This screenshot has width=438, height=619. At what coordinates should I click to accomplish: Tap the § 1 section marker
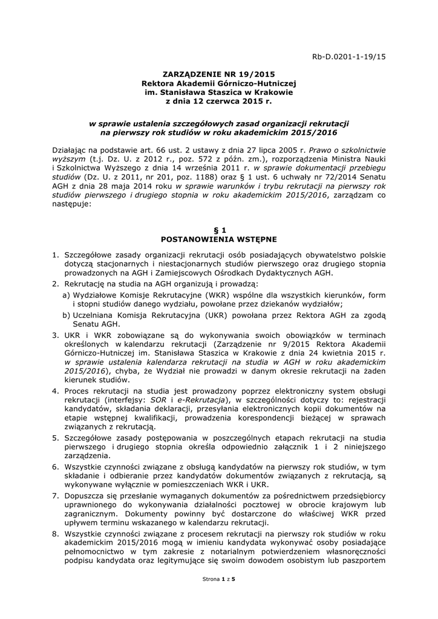coord(218,230)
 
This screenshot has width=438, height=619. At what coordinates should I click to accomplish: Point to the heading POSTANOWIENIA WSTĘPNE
coord(218,239)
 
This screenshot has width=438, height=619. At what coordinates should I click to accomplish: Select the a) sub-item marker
coord(66,294)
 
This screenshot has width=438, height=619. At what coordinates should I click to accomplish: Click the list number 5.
coord(54,437)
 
